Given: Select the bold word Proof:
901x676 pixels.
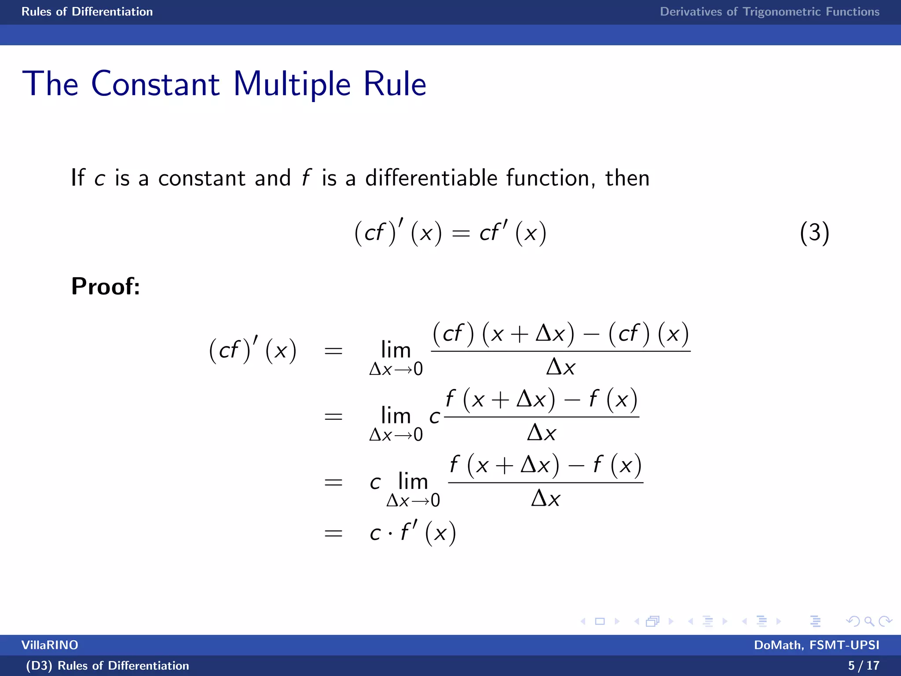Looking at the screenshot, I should coord(106,287).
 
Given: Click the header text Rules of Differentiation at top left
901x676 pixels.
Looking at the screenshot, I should coord(87,12).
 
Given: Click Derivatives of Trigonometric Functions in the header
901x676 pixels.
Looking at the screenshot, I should coord(769,12).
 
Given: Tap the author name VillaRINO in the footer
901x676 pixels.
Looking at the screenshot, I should coord(50,645).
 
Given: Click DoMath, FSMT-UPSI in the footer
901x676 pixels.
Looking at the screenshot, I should coord(817,645).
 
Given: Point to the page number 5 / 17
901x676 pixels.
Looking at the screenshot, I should coord(863,665).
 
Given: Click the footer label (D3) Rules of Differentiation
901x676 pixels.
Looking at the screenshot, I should coord(107,665).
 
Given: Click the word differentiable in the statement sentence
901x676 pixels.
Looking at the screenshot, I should coord(431,178).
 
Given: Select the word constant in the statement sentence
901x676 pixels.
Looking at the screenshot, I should coord(201,178).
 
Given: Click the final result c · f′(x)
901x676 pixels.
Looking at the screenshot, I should coord(412,533).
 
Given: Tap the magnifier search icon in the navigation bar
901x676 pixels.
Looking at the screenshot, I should coord(868,621).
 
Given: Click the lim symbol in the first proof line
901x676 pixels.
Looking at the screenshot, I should coord(396,350).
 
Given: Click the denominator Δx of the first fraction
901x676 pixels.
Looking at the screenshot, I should coord(560,367).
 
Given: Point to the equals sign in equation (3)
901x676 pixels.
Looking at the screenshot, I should coord(461,234).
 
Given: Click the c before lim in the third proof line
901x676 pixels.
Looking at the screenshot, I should coord(375,483).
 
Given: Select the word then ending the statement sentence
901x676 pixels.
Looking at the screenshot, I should coord(627,178).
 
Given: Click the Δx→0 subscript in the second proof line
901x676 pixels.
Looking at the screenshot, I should coord(396,435).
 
